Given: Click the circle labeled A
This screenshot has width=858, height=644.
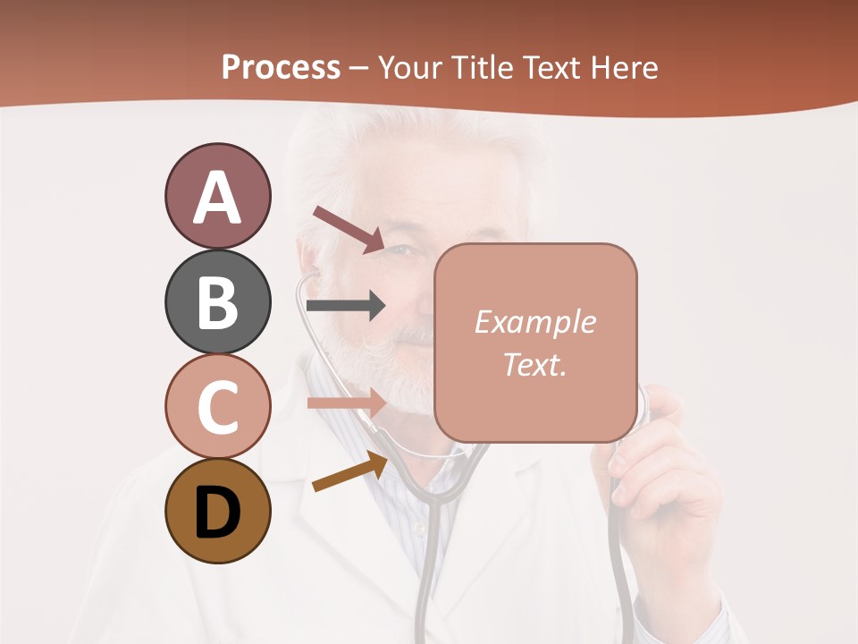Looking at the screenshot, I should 217,196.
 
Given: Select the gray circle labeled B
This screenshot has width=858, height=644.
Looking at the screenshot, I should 217,301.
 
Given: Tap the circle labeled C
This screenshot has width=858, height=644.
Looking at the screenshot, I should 217,406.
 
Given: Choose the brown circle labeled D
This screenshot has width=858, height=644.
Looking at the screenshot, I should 217,511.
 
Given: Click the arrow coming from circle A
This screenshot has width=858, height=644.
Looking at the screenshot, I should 349,229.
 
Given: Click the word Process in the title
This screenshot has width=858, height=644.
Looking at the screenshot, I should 281,67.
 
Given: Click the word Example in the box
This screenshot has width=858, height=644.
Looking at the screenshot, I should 534,323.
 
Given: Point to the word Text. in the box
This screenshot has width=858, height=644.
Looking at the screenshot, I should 534,364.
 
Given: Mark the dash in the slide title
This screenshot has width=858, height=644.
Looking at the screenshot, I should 359,69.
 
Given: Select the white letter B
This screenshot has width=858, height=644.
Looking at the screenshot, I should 217,301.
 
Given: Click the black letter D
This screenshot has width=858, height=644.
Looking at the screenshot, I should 217,513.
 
